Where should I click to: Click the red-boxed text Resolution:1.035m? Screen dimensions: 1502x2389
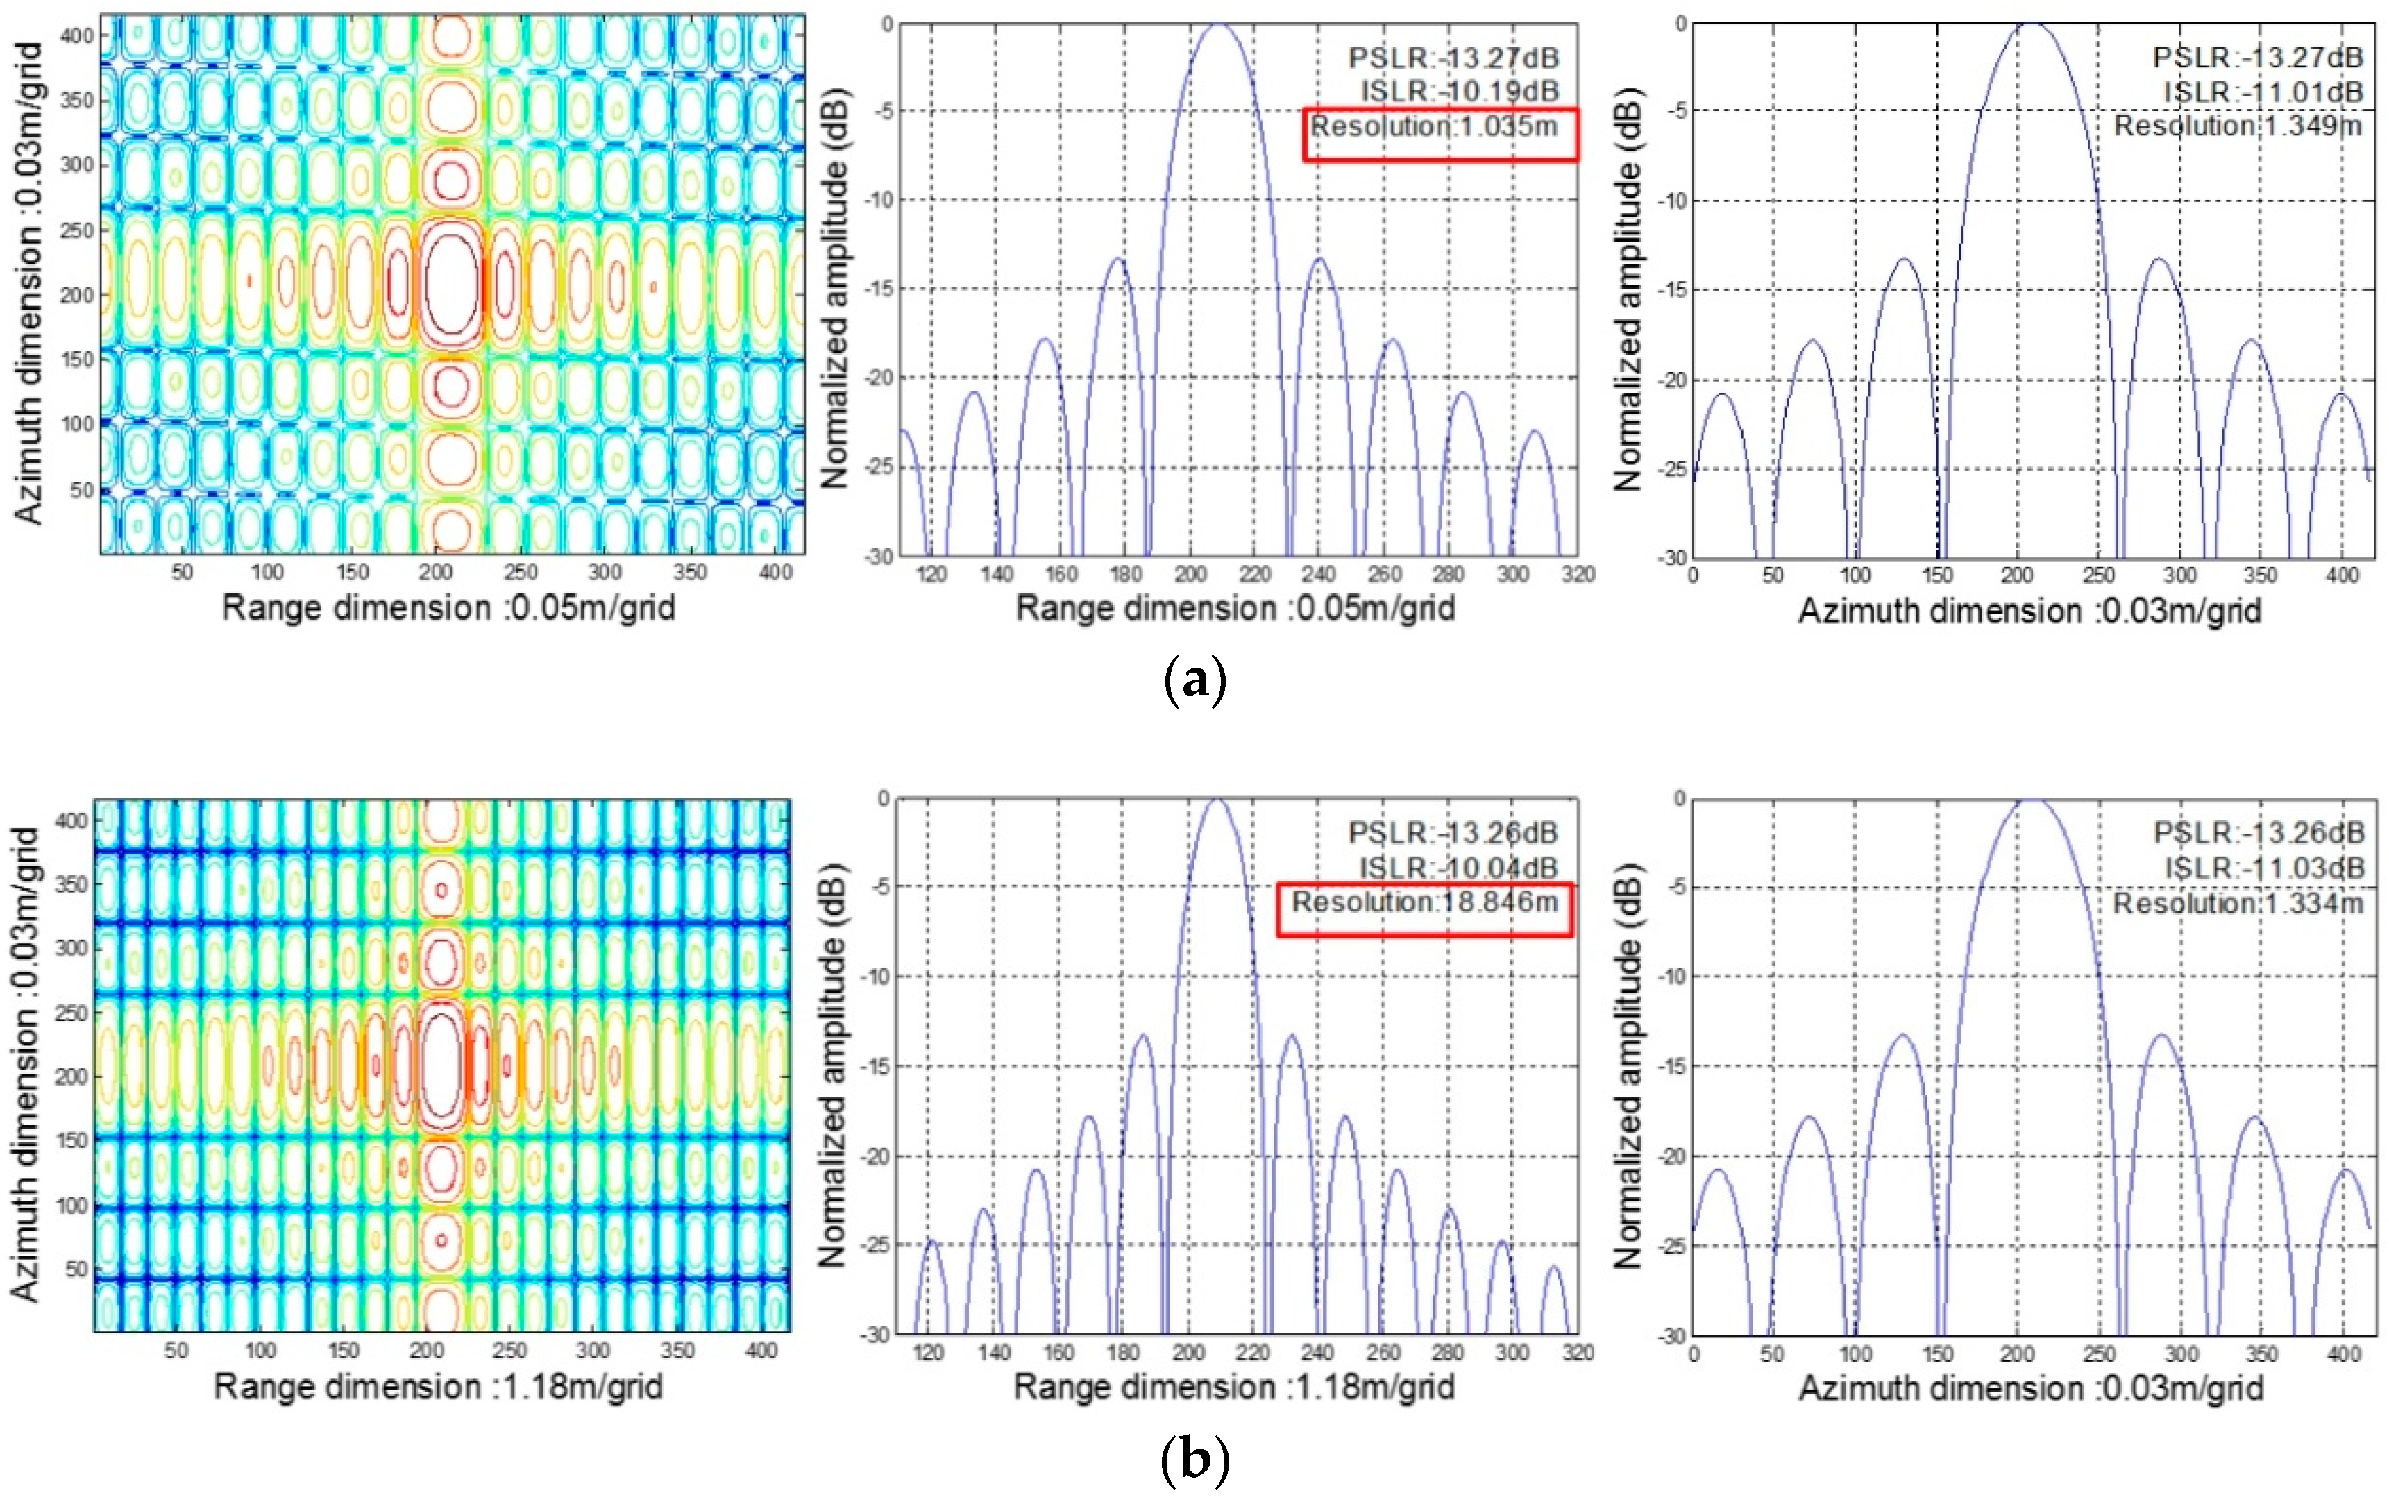click(1435, 127)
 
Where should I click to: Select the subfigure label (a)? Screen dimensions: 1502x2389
click(1194, 682)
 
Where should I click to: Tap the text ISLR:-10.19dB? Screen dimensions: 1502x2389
click(1458, 91)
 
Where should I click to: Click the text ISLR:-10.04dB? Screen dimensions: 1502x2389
click(1458, 868)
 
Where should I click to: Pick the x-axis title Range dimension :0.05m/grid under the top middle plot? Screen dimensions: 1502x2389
click(1235, 608)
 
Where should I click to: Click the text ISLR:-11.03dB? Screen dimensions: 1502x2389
click(2264, 868)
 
